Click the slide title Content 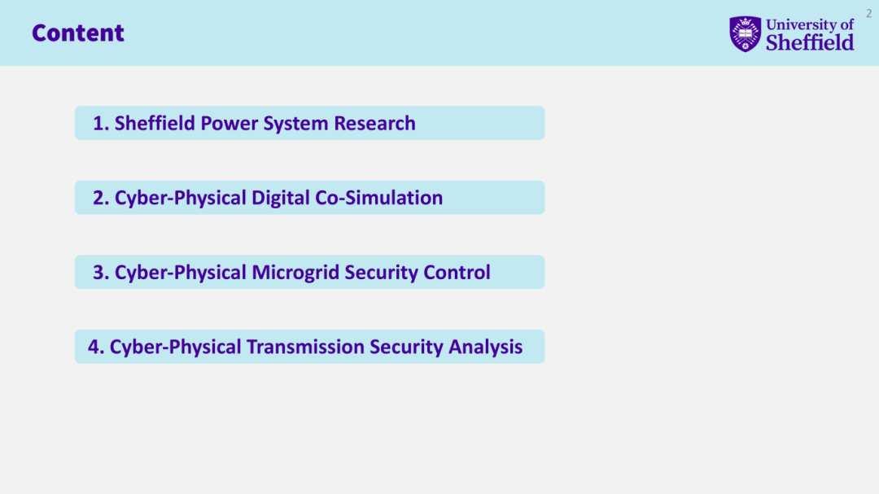78,33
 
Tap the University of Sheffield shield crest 745,34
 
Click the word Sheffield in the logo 810,42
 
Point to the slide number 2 869,14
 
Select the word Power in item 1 229,124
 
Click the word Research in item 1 374,124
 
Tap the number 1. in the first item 101,124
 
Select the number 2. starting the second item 101,198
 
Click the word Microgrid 295,273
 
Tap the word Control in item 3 457,273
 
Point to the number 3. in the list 101,273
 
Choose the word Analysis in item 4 485,347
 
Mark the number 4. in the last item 96,347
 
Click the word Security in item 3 381,273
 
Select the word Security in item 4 406,347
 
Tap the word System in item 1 295,124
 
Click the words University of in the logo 810,24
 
